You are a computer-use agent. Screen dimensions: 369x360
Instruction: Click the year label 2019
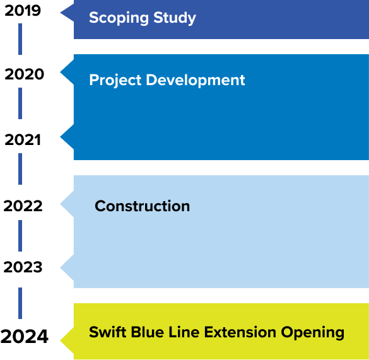point(23,11)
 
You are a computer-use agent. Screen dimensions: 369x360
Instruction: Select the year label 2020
point(24,74)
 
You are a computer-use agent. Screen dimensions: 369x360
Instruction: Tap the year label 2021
point(23,140)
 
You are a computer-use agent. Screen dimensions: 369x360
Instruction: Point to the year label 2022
point(23,206)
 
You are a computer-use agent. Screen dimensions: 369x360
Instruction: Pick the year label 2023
point(23,267)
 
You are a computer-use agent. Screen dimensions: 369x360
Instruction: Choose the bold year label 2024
point(25,336)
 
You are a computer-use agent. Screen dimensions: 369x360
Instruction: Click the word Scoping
point(119,18)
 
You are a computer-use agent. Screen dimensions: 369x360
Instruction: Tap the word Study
point(175,18)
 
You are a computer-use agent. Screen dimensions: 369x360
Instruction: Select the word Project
point(115,80)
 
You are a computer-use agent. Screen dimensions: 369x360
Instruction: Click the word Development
point(196,80)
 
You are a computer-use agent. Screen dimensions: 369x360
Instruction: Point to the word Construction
point(142,206)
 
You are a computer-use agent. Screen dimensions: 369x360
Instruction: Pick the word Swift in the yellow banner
point(108,332)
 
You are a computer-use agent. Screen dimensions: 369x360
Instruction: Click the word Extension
point(240,332)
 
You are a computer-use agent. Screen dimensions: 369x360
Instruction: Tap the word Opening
point(313,333)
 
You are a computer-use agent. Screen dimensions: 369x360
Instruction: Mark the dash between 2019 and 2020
point(20,39)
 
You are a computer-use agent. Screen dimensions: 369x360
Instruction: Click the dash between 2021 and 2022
point(20,169)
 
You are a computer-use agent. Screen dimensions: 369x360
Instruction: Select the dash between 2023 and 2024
point(20,303)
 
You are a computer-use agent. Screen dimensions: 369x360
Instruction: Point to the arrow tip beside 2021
point(61,137)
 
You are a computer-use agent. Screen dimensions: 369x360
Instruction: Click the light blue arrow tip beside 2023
point(61,267)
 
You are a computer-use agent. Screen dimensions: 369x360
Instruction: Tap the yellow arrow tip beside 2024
point(61,340)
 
